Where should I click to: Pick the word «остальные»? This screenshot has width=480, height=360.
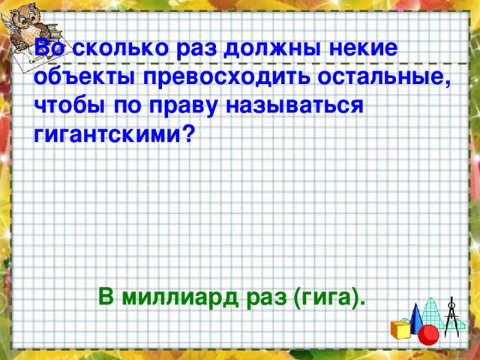click(381, 77)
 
